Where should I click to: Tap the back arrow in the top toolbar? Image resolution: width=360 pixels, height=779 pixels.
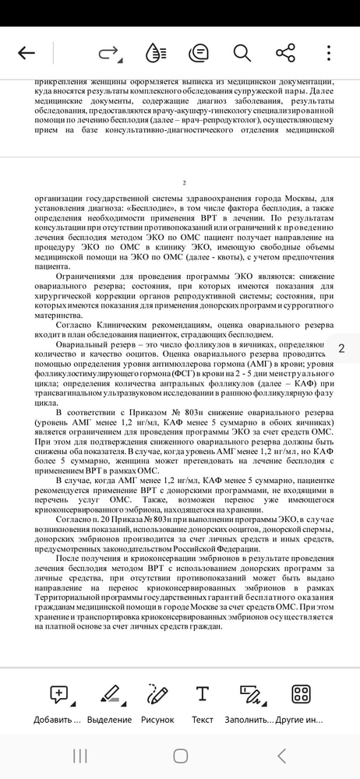[26, 53]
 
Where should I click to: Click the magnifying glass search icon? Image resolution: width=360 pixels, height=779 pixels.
[242, 53]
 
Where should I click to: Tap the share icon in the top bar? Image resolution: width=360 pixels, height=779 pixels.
[285, 53]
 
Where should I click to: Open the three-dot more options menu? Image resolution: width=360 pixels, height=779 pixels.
[330, 53]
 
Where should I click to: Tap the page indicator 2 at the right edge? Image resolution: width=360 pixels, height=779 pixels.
[341, 348]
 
